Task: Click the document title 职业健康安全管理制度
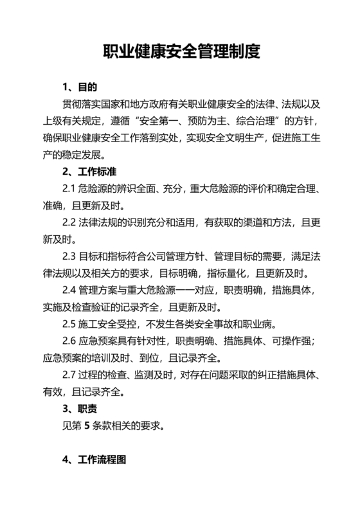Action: point(179,51)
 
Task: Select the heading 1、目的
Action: point(80,86)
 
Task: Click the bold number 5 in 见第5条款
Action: point(86,425)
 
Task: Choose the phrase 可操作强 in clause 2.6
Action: point(286,341)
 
